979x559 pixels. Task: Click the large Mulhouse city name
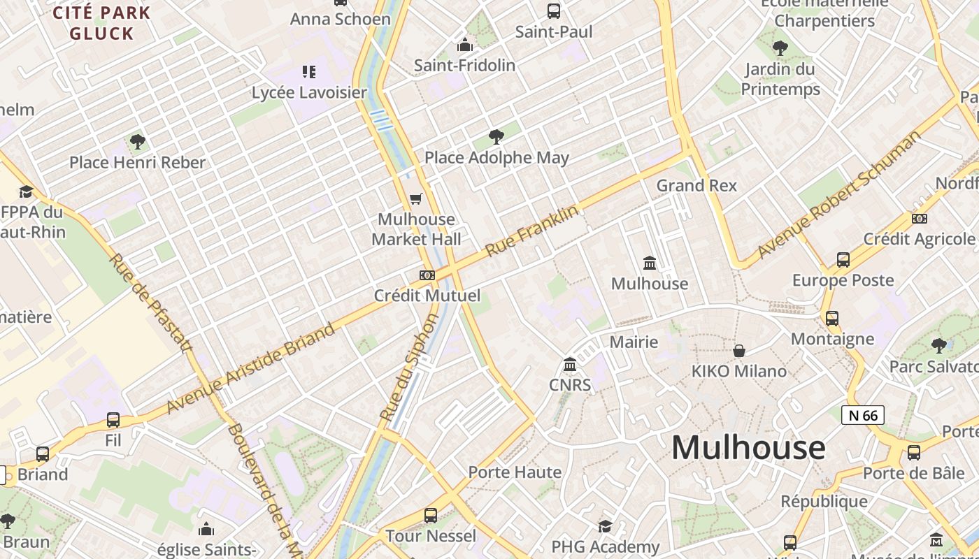(748, 448)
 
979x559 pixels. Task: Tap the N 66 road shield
(863, 416)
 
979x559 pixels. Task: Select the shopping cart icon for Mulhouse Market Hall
(416, 199)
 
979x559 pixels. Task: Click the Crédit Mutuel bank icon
(427, 275)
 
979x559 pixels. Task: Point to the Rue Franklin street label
(532, 230)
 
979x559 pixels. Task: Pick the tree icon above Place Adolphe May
(496, 136)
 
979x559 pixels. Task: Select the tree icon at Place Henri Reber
(138, 142)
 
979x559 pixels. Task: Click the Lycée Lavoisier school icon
(309, 71)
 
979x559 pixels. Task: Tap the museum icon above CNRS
(570, 365)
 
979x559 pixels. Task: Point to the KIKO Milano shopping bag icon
(739, 350)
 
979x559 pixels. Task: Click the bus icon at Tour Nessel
(431, 516)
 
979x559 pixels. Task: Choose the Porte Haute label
(515, 472)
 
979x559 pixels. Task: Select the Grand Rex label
(696, 185)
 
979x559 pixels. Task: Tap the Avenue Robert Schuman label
(839, 195)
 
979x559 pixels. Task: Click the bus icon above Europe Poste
(843, 260)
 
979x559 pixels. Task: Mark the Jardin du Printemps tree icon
(780, 48)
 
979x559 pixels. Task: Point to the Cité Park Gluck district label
(102, 23)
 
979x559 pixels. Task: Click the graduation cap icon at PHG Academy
(605, 526)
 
